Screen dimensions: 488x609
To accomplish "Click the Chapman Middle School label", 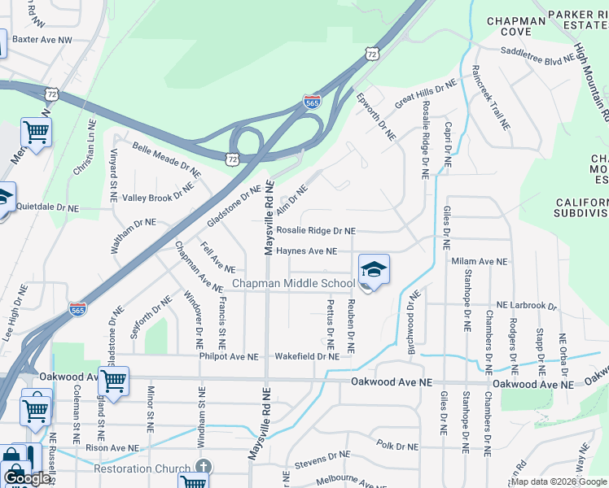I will click(293, 283).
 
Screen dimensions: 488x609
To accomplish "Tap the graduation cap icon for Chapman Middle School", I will click(374, 270).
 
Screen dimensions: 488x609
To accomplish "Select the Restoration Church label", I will click(142, 468).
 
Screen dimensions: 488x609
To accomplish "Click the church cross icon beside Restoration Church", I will click(204, 468).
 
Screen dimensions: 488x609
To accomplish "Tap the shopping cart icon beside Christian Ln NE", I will click(36, 130).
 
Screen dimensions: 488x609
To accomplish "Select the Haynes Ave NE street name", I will click(306, 251).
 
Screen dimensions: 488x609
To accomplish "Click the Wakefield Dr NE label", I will click(306, 356).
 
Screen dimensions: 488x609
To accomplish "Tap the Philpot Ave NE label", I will click(229, 356).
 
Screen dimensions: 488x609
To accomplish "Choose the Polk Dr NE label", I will click(397, 446).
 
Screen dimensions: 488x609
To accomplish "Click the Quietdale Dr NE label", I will click(47, 207).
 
